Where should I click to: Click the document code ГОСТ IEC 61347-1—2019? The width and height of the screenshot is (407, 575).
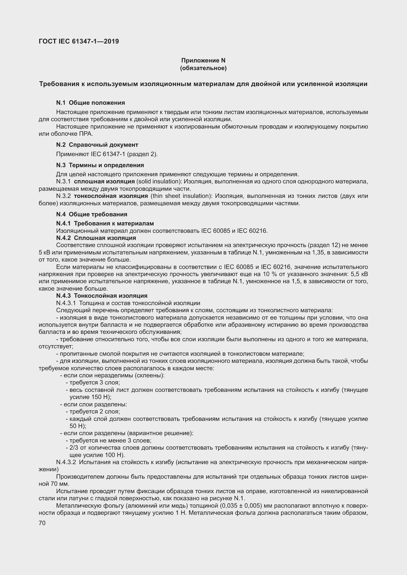tap(79, 41)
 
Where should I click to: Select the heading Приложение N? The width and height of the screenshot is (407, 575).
tap(203, 60)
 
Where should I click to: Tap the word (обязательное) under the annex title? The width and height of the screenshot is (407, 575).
tap(203, 68)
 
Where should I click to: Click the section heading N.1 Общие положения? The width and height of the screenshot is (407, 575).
tap(91, 103)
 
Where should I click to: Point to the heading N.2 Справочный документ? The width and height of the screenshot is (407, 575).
tap(97, 145)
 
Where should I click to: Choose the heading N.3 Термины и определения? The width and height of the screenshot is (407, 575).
tap(100, 165)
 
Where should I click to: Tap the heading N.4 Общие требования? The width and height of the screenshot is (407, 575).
tap(92, 214)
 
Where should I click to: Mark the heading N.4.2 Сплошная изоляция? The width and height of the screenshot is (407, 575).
tap(96, 238)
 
